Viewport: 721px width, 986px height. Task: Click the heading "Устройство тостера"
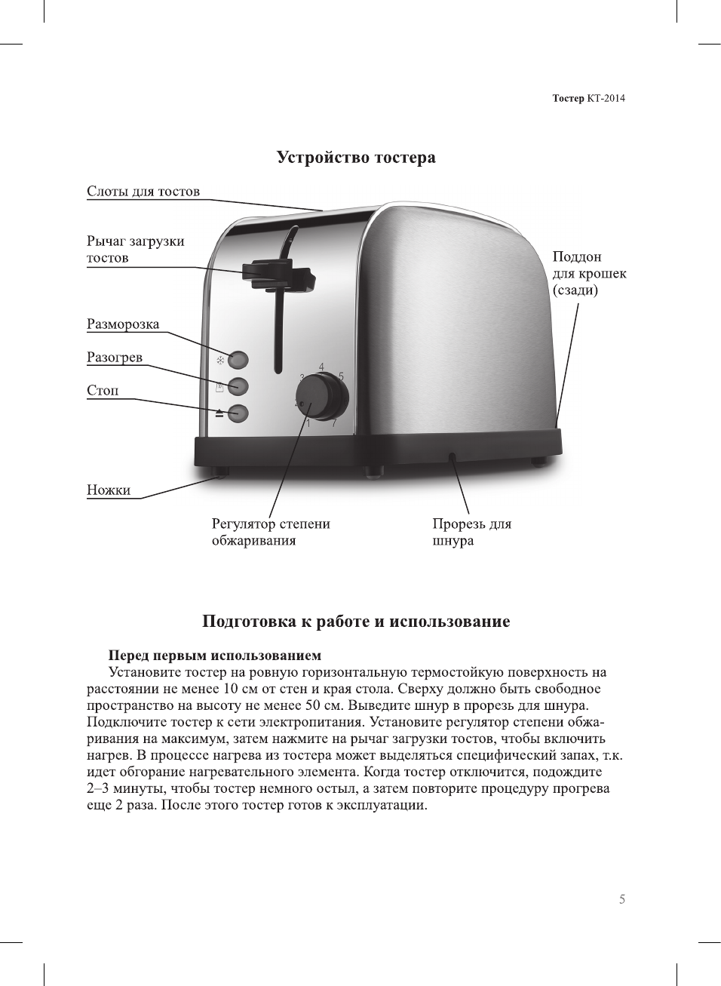(356, 158)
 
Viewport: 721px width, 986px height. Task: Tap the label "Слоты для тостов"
(143, 192)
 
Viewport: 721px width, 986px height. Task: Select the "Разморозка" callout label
(123, 324)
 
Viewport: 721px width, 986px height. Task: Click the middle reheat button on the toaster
(238, 386)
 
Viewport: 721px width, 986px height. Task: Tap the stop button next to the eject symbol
(238, 413)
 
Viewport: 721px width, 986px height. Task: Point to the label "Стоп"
(103, 391)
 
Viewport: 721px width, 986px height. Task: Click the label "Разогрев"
(115, 358)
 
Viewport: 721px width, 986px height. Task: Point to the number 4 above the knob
(321, 367)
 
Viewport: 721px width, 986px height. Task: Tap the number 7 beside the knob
(333, 422)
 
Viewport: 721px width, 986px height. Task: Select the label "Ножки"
(109, 490)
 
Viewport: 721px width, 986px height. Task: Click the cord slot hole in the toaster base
(451, 456)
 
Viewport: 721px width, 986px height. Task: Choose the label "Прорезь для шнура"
(471, 532)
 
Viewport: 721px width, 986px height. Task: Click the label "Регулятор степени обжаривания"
(271, 532)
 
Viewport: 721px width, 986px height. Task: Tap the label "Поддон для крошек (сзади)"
(589, 273)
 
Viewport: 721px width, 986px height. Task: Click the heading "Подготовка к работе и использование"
(356, 622)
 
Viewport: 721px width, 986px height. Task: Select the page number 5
(622, 899)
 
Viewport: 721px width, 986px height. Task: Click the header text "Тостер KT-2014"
(588, 98)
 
